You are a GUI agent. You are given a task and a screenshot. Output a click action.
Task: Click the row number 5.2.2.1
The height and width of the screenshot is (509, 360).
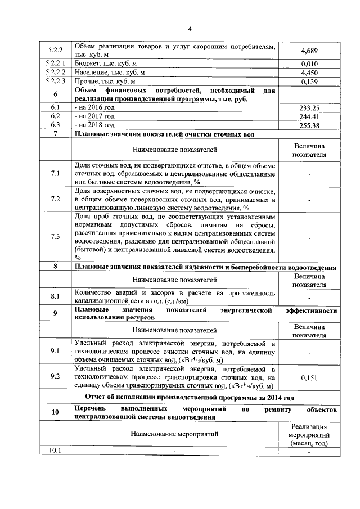55,64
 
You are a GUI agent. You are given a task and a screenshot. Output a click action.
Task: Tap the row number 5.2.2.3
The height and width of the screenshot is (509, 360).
55,82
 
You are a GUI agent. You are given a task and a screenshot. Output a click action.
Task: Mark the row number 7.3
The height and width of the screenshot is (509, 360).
55,236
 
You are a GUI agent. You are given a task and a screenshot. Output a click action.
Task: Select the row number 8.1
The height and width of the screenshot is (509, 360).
55,296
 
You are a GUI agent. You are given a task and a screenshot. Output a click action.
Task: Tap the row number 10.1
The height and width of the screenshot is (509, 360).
55,449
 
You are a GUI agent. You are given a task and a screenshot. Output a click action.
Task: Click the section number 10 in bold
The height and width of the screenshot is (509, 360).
55,412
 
